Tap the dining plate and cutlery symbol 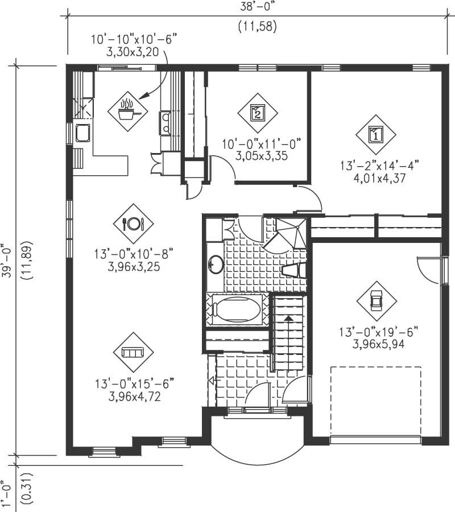point(134,224)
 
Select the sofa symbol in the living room point(134,352)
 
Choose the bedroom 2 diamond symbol point(257,112)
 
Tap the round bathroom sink point(216,264)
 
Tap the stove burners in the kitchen point(165,122)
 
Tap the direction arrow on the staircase point(289,321)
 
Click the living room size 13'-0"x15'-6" point(134,384)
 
